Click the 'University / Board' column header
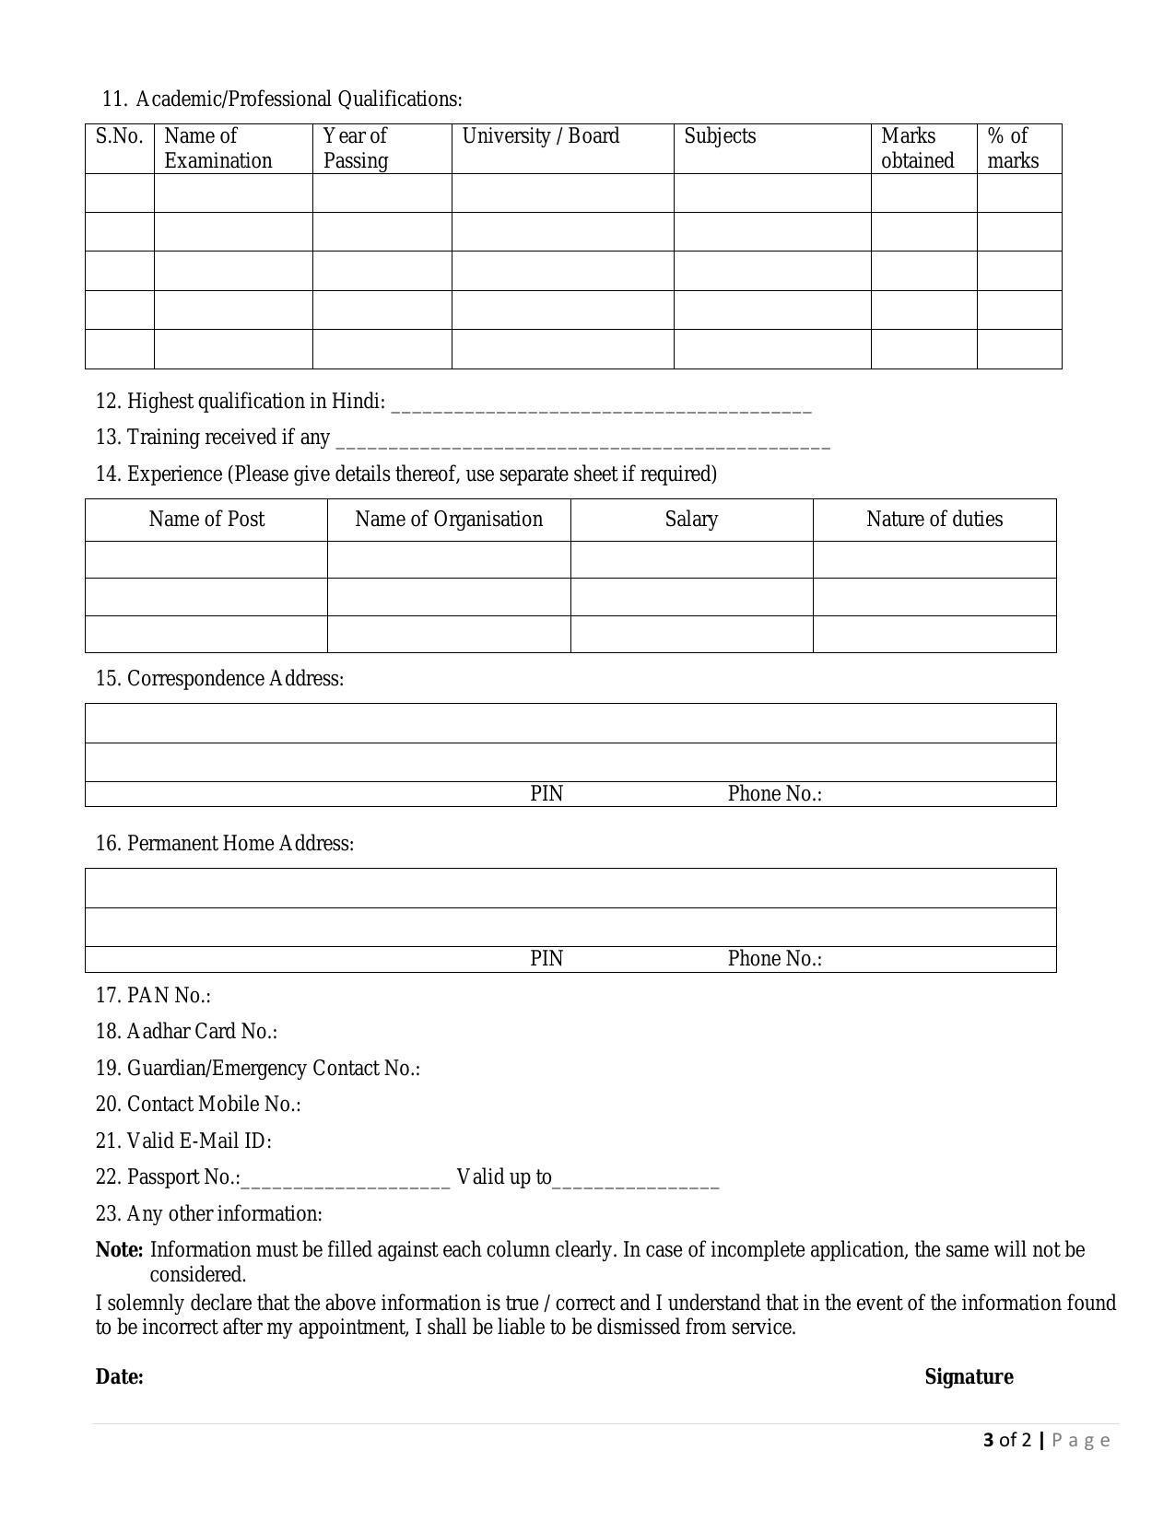coord(540,136)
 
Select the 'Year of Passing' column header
coord(355,148)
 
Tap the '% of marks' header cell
coord(1012,148)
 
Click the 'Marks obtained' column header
coord(917,148)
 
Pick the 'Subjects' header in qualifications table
coord(719,136)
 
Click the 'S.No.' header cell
coord(119,136)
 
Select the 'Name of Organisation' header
coord(449,520)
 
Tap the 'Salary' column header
coord(691,520)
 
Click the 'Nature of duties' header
coord(934,520)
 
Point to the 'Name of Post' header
coord(206,520)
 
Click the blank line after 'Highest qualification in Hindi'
coord(601,405)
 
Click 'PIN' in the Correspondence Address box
coord(546,794)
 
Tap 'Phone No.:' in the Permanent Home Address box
coord(774,959)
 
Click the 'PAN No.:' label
coord(153,996)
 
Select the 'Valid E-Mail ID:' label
coord(183,1141)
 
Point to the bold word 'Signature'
coord(969,1377)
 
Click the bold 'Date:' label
coord(120,1377)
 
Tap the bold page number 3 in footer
coord(989,1440)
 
